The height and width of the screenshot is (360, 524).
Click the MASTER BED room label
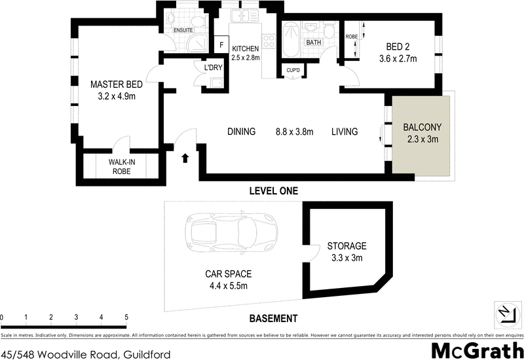117,84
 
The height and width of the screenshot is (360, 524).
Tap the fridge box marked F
221,45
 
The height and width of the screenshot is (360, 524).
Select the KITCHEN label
245,48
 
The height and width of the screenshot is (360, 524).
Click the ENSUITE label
183,30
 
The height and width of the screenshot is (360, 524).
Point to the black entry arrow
184,158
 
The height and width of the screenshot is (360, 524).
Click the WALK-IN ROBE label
122,167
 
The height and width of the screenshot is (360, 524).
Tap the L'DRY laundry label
214,68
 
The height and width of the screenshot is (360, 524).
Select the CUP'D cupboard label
293,71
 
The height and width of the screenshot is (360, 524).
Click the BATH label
314,43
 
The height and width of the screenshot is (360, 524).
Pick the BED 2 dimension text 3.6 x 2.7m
398,59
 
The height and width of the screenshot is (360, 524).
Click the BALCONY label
422,127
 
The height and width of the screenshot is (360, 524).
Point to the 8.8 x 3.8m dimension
294,132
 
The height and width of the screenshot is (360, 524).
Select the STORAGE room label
346,246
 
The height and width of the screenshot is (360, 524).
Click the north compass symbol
507,314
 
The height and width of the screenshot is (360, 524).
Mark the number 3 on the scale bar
76,317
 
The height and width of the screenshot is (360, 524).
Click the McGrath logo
477,351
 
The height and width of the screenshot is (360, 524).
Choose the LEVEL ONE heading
274,191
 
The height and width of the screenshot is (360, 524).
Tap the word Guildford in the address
146,354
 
